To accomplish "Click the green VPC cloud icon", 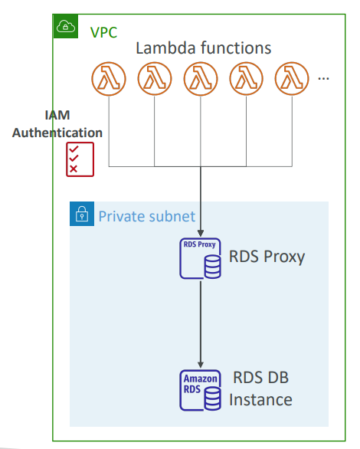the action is (x=66, y=26).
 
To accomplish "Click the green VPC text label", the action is (x=103, y=33).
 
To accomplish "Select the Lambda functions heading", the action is (x=204, y=48).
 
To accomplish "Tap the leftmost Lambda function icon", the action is (x=109, y=79).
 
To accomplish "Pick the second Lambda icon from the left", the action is (x=155, y=79).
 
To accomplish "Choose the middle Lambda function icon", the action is (x=201, y=79).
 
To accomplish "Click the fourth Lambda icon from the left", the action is (x=246, y=79).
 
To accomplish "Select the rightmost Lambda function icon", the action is (x=292, y=79).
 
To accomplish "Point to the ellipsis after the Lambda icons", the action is (x=324, y=78).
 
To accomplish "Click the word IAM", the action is (x=57, y=115).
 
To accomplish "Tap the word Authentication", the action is (x=57, y=133).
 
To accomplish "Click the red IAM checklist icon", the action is (x=80, y=159).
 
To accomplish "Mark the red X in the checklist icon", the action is (x=74, y=169).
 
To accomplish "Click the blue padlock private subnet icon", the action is (x=82, y=214).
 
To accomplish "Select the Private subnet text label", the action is (x=147, y=217).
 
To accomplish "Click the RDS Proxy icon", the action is (x=201, y=258).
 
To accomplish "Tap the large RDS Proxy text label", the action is (x=267, y=257).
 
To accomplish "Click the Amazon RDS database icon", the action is (x=201, y=390).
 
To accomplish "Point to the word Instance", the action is (x=260, y=400).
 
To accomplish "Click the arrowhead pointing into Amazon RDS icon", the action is (x=201, y=365).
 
